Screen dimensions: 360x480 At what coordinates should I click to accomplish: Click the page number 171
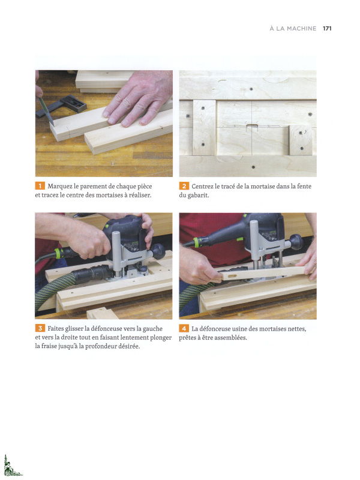point(327,28)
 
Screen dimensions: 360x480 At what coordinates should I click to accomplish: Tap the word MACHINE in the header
point(302,28)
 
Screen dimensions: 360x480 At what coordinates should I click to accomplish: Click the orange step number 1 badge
point(40,186)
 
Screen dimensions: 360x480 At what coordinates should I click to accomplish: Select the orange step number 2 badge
point(184,186)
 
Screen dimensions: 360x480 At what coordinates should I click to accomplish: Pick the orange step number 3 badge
point(40,328)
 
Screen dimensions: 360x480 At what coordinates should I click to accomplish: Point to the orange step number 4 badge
point(184,328)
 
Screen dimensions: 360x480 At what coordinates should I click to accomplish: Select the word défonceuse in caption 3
point(106,328)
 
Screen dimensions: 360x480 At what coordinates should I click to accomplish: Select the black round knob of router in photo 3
point(158,251)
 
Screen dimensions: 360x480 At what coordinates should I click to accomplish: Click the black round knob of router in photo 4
point(296,242)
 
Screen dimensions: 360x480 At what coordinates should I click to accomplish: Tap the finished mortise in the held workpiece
point(232,277)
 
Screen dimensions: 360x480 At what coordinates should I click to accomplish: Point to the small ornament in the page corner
point(11,466)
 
